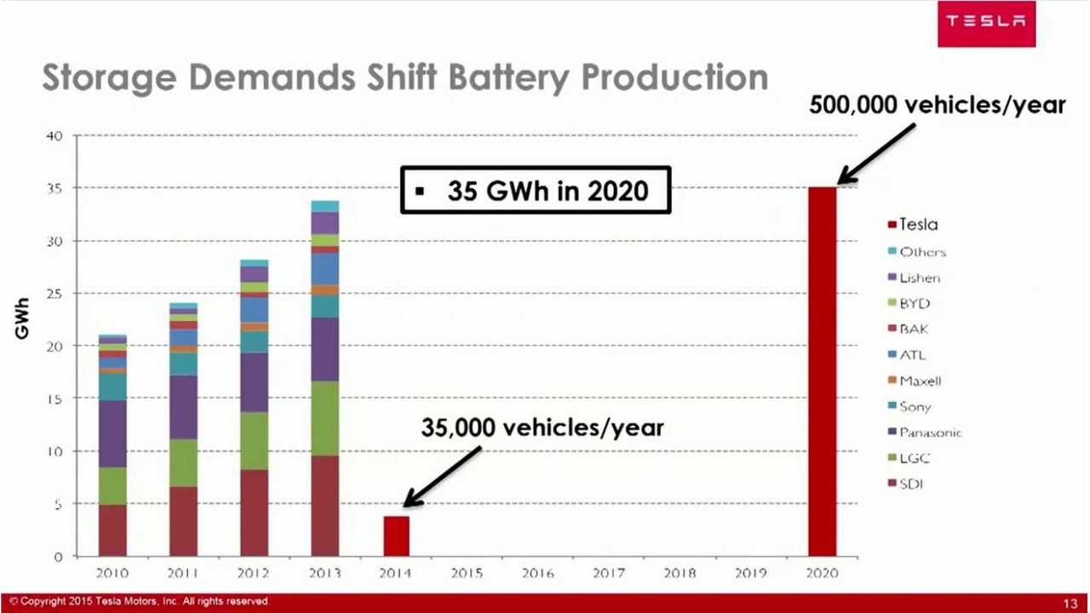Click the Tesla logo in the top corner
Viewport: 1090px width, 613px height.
click(986, 23)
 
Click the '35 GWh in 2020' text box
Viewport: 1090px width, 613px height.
click(536, 190)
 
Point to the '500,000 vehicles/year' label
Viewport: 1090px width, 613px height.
click(937, 104)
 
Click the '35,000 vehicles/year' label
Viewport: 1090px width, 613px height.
click(542, 427)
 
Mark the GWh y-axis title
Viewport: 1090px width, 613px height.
click(22, 318)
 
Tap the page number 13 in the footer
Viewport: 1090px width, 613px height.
click(1070, 603)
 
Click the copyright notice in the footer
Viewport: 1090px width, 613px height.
click(141, 602)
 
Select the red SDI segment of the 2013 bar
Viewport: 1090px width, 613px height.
click(324, 506)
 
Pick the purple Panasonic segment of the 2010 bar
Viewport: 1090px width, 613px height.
click(112, 433)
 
